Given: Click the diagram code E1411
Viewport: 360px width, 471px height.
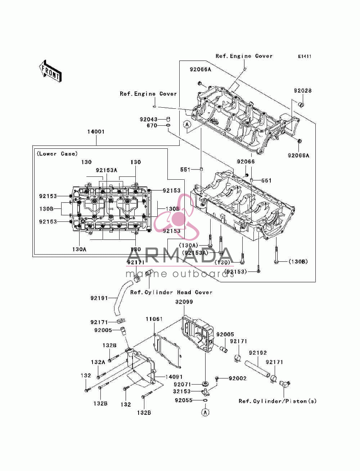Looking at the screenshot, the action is [305, 57].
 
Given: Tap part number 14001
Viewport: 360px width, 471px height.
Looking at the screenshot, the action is [96, 132].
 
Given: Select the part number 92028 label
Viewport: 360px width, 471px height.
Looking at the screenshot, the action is [302, 90].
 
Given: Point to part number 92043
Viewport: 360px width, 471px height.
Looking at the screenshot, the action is [148, 119].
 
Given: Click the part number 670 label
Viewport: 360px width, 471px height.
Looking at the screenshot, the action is [152, 126].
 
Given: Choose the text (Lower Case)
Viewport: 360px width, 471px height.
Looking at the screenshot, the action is [57, 154].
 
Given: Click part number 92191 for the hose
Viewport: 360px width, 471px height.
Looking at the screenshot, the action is [99, 298].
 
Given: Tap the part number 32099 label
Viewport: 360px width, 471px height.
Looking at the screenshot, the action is [184, 302].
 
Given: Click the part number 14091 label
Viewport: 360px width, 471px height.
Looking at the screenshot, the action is [174, 377].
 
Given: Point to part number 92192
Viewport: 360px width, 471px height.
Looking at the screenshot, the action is [258, 353].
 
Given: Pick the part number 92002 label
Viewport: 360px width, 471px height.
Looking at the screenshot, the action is [238, 378].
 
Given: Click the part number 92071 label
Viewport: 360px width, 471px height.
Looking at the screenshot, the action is [183, 385].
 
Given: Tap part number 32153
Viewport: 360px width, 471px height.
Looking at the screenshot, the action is [182, 391].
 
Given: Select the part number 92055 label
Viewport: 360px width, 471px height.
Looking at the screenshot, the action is [184, 400].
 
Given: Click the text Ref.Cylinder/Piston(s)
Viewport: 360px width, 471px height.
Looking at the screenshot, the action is [278, 401].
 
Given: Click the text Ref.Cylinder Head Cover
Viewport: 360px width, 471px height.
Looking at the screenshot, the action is [171, 292].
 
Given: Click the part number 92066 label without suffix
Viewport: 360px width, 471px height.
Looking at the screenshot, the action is [246, 162].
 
